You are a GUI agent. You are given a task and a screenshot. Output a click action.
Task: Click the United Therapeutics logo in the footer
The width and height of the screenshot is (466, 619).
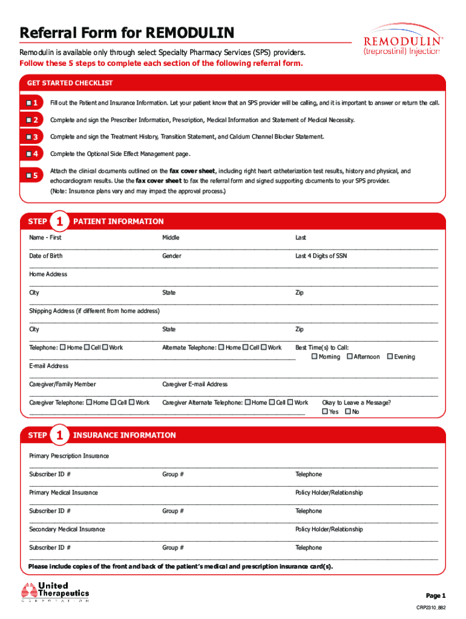click(55, 592)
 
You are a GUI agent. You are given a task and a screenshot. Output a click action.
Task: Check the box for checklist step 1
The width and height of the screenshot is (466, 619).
click(29, 103)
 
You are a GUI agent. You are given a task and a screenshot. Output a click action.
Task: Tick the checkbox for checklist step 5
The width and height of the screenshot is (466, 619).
click(29, 176)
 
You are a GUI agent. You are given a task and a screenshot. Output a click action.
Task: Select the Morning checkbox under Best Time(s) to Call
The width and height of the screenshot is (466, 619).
click(314, 357)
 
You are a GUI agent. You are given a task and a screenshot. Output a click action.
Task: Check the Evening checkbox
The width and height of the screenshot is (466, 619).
click(390, 357)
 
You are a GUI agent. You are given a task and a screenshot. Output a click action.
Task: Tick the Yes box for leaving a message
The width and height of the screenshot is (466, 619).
click(325, 412)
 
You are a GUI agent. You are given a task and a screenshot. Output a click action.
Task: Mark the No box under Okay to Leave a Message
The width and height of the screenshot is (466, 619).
click(347, 412)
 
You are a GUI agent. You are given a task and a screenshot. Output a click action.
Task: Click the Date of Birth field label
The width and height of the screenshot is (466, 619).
click(46, 256)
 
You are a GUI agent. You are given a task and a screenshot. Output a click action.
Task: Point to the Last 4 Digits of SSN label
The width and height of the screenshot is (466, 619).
click(321, 256)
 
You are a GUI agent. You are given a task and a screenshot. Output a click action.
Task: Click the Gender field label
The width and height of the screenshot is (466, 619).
click(171, 256)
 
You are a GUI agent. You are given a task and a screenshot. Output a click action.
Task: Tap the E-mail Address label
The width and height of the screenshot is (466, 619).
click(49, 366)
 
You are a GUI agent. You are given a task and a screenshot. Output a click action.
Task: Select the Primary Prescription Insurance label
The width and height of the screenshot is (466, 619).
click(69, 456)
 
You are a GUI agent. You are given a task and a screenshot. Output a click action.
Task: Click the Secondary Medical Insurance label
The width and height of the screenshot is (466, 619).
click(67, 530)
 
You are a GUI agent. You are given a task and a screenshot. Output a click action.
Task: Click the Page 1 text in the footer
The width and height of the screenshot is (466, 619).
click(436, 595)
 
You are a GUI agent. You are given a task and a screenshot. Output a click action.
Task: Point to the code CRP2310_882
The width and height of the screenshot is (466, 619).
click(430, 608)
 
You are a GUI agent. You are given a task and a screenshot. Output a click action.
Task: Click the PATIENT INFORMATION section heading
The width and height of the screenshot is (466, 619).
click(118, 222)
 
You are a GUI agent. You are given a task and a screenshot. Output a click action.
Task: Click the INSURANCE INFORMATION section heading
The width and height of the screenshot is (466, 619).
click(124, 435)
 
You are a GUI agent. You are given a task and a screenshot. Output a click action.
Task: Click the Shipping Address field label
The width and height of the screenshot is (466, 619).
click(94, 311)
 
